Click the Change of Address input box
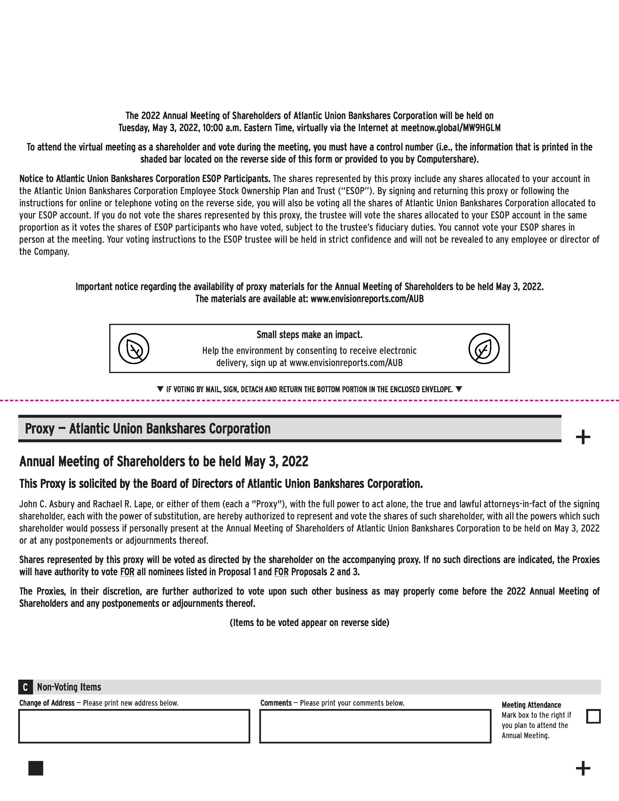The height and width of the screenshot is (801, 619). [134, 726]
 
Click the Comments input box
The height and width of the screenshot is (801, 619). [375, 726]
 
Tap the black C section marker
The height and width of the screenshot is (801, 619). [25, 687]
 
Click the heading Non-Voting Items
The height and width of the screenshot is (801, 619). [69, 687]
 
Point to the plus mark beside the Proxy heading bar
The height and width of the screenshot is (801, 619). [583, 437]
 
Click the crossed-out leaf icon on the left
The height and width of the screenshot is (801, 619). [134, 348]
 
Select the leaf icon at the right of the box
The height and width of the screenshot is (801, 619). [484, 348]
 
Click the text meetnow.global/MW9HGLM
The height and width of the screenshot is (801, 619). [451, 128]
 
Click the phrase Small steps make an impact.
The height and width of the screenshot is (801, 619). [309, 334]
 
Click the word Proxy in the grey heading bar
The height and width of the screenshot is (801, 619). [40, 428]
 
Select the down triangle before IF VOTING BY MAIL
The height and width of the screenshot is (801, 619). [160, 389]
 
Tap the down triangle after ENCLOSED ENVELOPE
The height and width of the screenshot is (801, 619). [458, 389]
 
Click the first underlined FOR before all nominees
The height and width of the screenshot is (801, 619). [127, 572]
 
